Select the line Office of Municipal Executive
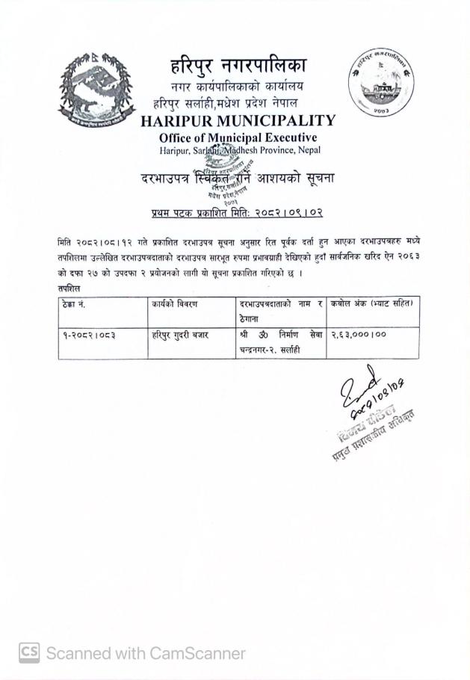238,137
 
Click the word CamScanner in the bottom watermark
196,653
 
